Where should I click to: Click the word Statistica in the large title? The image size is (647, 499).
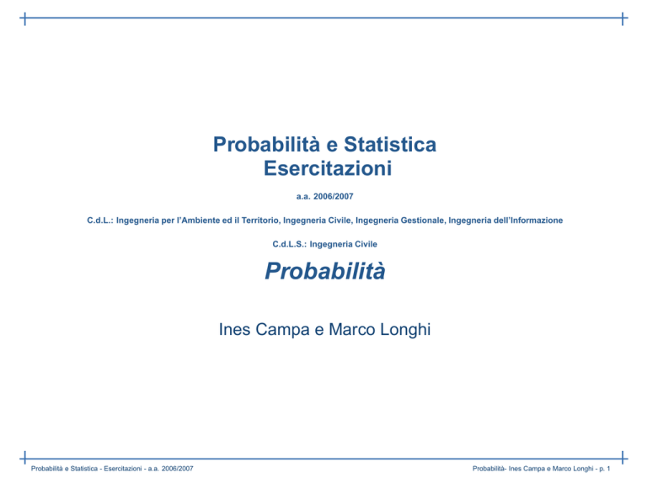(390, 144)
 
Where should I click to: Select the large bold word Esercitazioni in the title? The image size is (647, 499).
(328, 168)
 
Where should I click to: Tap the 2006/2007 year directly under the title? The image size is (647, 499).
(334, 197)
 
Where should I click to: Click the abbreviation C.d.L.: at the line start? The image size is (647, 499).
(100, 220)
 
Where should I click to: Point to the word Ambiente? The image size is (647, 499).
(201, 220)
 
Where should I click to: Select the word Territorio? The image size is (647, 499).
(261, 220)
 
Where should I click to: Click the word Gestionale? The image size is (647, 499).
(423, 220)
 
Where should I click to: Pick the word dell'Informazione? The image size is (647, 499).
(528, 220)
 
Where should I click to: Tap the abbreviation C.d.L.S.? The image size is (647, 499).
(290, 244)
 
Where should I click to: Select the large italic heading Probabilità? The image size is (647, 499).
(325, 271)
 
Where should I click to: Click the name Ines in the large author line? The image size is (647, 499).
(234, 329)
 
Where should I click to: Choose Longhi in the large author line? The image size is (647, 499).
(405, 330)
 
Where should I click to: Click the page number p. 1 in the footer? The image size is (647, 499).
(605, 469)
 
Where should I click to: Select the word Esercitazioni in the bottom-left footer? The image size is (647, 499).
(123, 469)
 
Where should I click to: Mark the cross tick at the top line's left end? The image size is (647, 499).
(24, 19)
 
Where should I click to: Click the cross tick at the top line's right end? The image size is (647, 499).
(623, 19)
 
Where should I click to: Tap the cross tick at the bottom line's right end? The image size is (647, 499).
(623, 458)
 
